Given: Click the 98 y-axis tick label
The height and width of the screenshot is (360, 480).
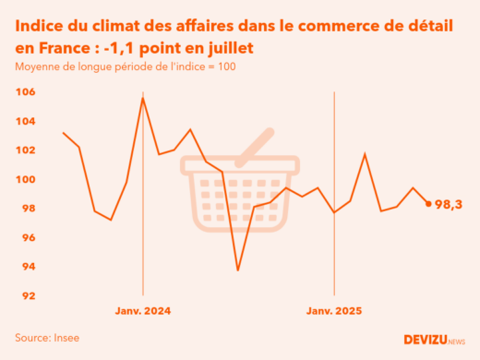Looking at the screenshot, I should click(27, 209).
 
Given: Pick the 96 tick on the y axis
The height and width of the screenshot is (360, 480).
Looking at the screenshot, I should click(27, 237).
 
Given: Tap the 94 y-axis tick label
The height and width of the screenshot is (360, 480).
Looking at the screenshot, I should click(27, 267).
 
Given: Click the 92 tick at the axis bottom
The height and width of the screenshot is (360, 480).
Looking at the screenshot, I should click(27, 295).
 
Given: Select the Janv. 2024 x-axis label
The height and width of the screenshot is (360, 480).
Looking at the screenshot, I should click(143, 311).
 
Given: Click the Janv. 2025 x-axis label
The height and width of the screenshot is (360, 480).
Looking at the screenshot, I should click(333, 311).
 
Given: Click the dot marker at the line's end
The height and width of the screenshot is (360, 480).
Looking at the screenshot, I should click(428, 204).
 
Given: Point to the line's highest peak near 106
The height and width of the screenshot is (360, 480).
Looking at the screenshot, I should click(143, 98).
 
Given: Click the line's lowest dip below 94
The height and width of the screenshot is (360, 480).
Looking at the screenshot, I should click(238, 270).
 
